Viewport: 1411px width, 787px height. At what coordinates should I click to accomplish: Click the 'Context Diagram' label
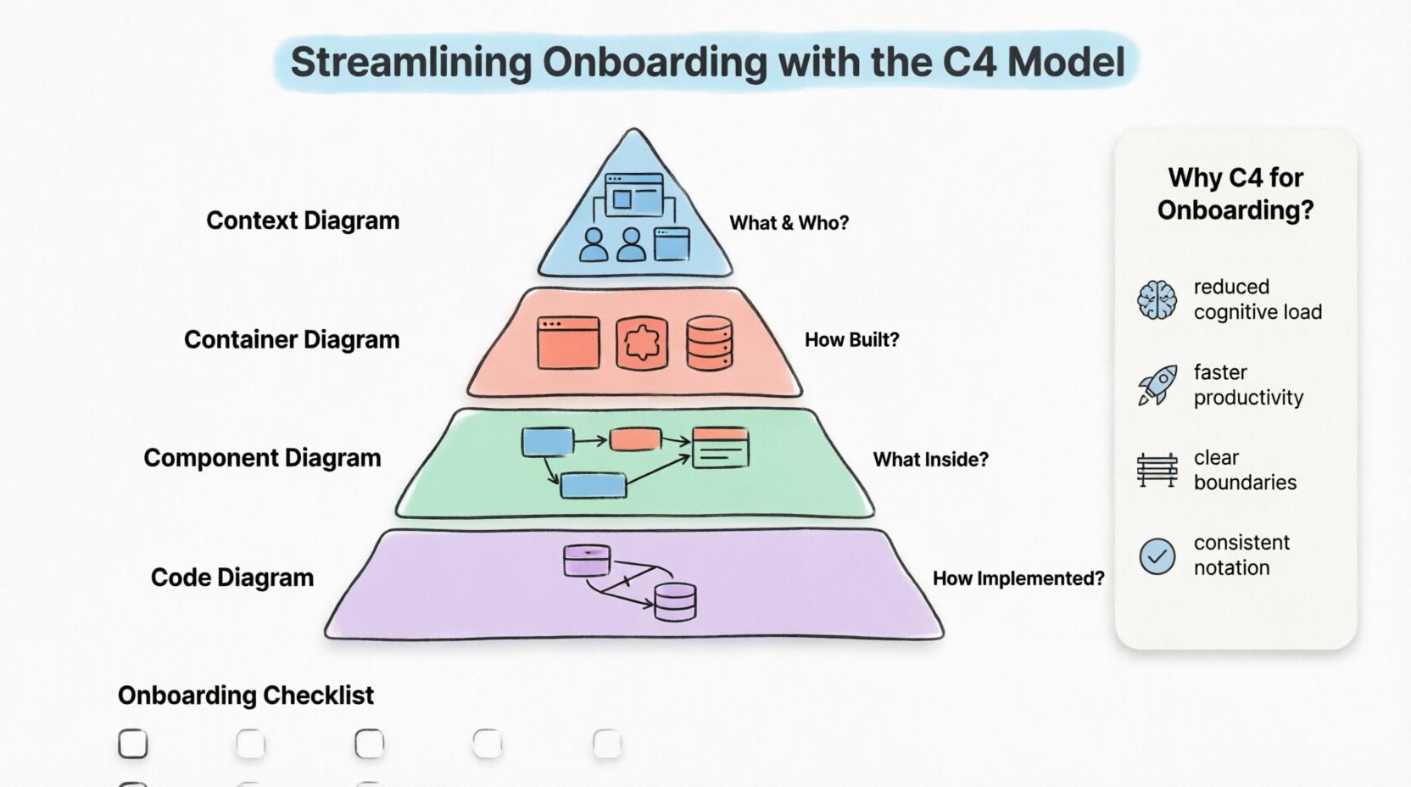(x=303, y=220)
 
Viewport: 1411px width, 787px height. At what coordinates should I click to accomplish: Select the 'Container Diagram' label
(x=292, y=339)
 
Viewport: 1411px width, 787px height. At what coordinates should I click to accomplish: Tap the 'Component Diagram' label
(x=262, y=458)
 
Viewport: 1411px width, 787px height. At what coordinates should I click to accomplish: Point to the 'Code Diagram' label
(x=232, y=578)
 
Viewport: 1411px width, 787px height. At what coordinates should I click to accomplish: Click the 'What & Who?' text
(x=789, y=223)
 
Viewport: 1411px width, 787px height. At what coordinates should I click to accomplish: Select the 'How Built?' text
(x=851, y=340)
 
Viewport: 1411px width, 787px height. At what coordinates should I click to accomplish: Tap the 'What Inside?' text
(x=930, y=460)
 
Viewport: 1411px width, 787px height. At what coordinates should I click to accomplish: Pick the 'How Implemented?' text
(x=1018, y=578)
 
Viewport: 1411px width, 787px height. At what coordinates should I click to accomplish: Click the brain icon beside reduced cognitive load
(x=1157, y=300)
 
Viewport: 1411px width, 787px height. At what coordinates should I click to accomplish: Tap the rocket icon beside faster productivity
(x=1157, y=386)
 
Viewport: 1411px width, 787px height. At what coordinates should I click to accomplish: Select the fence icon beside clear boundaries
(x=1157, y=470)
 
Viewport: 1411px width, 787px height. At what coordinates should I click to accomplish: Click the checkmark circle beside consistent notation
(x=1157, y=556)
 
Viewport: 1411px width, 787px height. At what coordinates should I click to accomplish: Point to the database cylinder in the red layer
(x=709, y=343)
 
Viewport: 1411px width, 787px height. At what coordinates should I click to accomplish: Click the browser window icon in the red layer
(x=568, y=343)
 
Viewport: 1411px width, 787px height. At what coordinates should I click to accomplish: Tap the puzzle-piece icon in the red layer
(x=641, y=343)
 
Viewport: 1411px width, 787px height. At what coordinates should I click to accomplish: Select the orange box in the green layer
(x=635, y=439)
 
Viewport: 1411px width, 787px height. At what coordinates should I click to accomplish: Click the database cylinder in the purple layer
(x=675, y=601)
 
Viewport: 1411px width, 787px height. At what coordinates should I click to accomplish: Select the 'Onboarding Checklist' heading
(x=246, y=695)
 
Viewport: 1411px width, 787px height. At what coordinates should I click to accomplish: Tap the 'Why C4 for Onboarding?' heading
(x=1235, y=193)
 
